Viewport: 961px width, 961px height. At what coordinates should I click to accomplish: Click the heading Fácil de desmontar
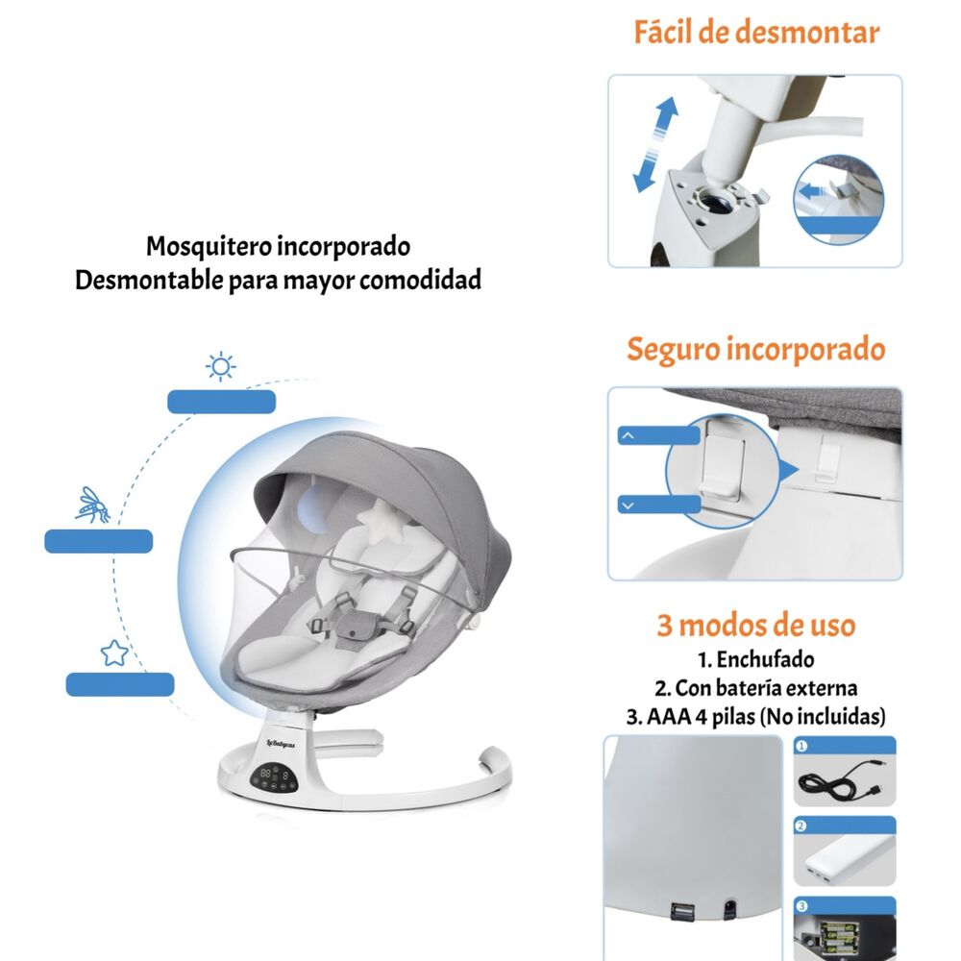[x=755, y=33]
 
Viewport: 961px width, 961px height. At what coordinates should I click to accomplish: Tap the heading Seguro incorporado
[x=755, y=349]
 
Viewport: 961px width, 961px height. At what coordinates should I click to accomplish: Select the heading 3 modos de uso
[x=755, y=626]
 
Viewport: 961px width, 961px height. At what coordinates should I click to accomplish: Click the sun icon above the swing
[x=222, y=367]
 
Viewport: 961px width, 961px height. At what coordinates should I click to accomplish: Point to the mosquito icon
[x=93, y=505]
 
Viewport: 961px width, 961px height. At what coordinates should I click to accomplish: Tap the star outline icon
[x=114, y=653]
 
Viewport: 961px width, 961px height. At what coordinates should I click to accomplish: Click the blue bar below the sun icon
[x=222, y=402]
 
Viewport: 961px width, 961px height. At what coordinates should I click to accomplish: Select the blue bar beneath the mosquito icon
[x=99, y=541]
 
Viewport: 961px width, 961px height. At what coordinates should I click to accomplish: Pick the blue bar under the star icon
[x=120, y=684]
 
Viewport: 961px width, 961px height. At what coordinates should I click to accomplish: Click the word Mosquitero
[x=209, y=246]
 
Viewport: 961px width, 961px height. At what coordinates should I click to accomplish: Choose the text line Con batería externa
[x=755, y=688]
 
